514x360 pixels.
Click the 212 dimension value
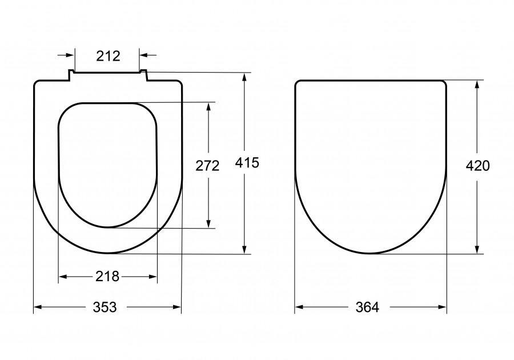108,56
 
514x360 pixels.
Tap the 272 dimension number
207,166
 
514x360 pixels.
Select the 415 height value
247,163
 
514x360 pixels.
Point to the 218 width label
107,277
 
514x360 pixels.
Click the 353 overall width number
105,307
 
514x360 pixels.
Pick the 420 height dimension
477,166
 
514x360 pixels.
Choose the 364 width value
367,307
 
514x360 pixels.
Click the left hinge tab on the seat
71,75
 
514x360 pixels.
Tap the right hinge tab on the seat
143,75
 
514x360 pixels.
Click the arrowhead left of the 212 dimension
70,55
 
